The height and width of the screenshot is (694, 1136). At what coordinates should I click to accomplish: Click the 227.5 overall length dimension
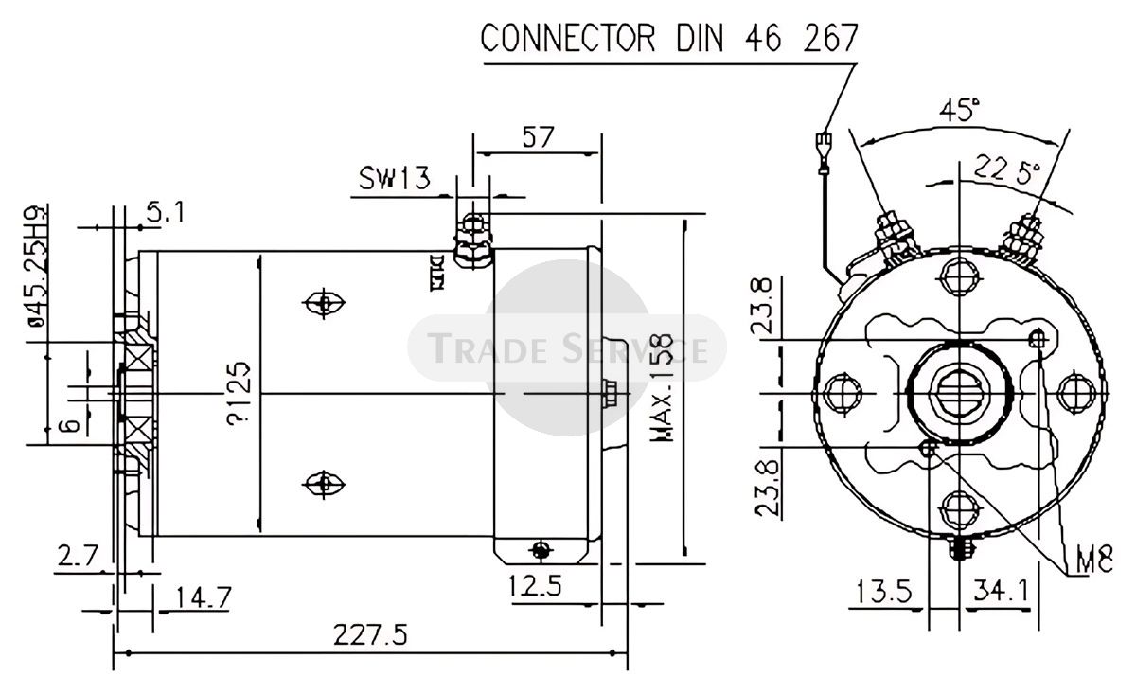coord(369,635)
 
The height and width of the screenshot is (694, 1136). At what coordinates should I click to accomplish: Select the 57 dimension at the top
coord(537,137)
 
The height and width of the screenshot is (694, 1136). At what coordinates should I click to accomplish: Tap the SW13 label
coord(394,177)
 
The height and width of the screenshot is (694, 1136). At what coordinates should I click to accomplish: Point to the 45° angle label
coord(958,112)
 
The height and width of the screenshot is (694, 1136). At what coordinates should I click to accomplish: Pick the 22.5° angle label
coord(1006,169)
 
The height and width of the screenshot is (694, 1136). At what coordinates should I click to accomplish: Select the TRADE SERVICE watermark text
coord(568,347)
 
